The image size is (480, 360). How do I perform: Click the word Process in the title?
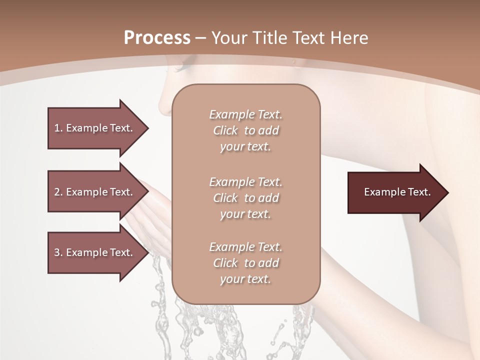(157, 37)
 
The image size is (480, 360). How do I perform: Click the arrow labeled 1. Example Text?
(95, 128)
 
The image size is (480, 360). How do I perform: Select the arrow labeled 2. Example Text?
(95, 192)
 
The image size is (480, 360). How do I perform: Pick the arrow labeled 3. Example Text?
(95, 252)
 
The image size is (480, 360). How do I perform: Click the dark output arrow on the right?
(395, 192)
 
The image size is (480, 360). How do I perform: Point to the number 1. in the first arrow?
(58, 128)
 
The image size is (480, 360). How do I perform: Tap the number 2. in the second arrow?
(58, 192)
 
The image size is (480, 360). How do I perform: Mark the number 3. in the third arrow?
(58, 252)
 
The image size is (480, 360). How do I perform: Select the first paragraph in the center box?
(245, 130)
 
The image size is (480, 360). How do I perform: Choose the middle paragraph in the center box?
(245, 197)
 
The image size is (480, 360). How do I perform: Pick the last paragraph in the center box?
(245, 263)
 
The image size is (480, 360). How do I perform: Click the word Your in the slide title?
(227, 37)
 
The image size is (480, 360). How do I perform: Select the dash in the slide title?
(201, 38)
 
